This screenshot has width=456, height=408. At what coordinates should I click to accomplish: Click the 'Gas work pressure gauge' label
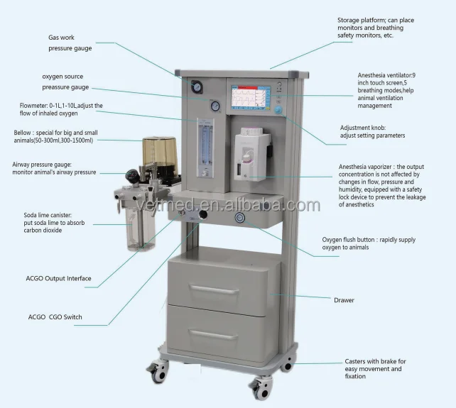[70, 43]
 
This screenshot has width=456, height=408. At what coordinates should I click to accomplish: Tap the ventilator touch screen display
[248, 96]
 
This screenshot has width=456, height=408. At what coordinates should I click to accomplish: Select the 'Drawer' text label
[344, 300]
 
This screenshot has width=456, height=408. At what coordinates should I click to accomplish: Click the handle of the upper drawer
[214, 290]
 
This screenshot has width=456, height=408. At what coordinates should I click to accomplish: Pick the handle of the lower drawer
[214, 333]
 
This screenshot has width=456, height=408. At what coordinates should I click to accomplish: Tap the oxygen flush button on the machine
[240, 218]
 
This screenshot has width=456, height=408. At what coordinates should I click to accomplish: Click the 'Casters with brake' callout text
[375, 368]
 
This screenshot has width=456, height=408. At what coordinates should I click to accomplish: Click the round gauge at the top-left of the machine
[196, 86]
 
